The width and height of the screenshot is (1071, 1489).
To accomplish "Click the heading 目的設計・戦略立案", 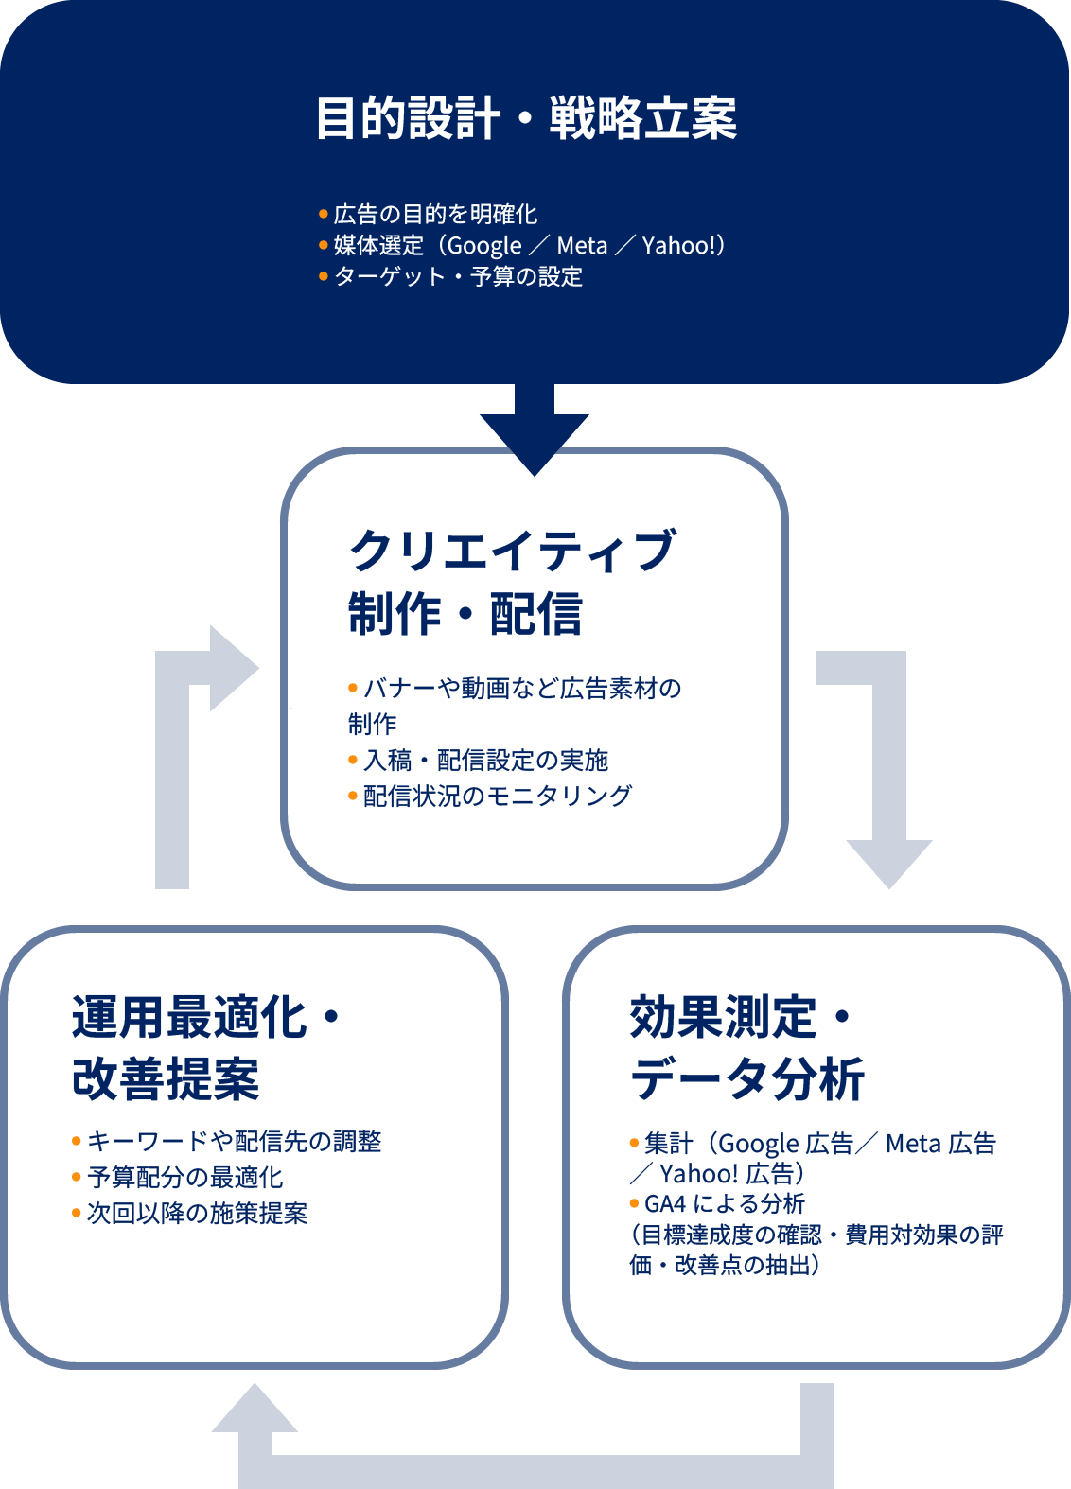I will (x=526, y=118).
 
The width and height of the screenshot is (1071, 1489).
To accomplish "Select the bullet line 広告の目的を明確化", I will (x=435, y=215).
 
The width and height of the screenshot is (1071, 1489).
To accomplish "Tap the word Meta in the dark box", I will (x=582, y=246).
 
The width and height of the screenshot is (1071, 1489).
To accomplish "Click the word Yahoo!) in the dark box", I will (x=683, y=246).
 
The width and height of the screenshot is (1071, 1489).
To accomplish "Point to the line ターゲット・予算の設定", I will (x=458, y=277).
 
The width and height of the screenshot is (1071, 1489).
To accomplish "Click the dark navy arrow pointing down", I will (x=535, y=430).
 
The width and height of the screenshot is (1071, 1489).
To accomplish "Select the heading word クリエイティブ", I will (x=513, y=551).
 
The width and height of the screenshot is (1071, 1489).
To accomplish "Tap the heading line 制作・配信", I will (x=465, y=614).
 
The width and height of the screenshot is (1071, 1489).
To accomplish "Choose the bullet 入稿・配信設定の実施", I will (x=485, y=761).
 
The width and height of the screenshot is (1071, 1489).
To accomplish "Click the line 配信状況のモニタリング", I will (x=497, y=797).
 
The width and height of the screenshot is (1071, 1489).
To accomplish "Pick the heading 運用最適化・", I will (x=206, y=1018).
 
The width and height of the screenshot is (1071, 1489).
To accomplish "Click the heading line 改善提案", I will (x=166, y=1078).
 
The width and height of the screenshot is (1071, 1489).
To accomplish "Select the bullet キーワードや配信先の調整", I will (x=234, y=1142).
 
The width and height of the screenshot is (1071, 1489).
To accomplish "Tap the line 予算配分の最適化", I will (x=184, y=1178).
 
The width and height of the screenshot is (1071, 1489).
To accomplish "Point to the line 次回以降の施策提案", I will (x=197, y=1214).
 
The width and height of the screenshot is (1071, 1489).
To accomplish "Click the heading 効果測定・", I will (x=741, y=1018).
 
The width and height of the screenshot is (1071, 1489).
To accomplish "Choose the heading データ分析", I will (x=747, y=1078).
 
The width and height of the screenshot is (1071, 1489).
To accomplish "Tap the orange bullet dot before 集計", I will (x=634, y=1144).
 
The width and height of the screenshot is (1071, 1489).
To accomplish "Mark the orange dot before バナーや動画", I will (x=353, y=688).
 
